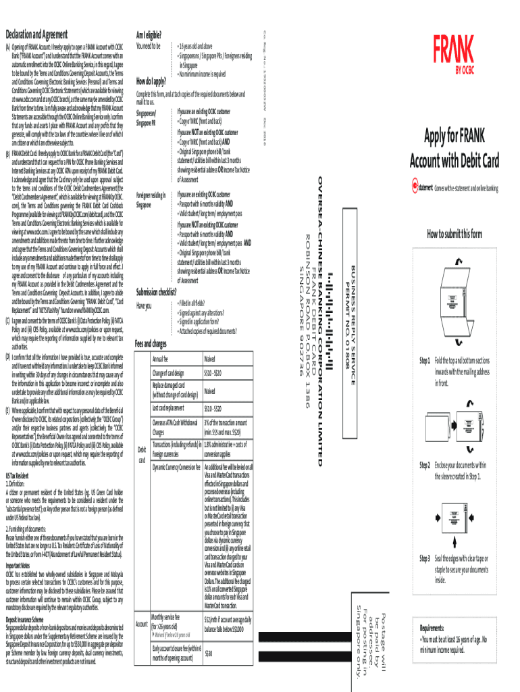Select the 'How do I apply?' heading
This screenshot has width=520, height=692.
pyautogui.click(x=151, y=81)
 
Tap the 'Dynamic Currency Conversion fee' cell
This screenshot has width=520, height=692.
pyautogui.click(x=176, y=467)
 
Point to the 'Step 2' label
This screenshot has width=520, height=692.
pyautogui.click(x=425, y=465)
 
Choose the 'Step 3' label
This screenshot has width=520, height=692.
pyautogui.click(x=425, y=558)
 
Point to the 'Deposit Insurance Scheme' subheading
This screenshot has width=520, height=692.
pyautogui.click(x=25, y=619)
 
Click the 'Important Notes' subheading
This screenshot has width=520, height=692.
pyautogui.click(x=18, y=565)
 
